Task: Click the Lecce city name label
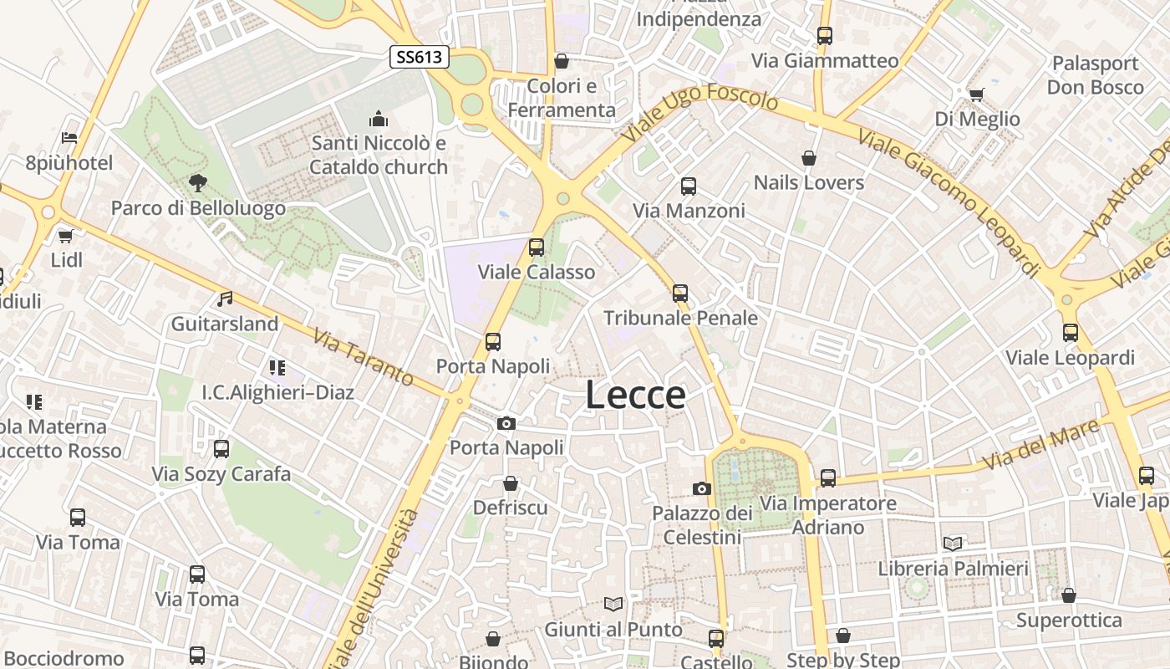pos(635,395)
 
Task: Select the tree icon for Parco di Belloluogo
pos(198,182)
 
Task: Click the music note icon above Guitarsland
pos(225,299)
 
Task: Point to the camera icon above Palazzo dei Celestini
pos(702,488)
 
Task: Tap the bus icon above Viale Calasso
pos(537,247)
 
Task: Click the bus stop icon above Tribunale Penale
pos(680,293)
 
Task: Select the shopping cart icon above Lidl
pos(66,236)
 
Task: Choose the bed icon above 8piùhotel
pos(69,138)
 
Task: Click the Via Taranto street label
pos(364,357)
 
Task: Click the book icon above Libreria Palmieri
pos(953,544)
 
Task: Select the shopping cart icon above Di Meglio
pos(977,94)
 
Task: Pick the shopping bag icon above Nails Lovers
pos(808,157)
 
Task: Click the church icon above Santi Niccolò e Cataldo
pos(378,119)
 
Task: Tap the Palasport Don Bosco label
pos(1095,75)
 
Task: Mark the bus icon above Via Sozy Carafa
pos(221,449)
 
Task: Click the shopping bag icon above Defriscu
pos(511,483)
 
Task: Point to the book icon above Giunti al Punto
pos(613,604)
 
